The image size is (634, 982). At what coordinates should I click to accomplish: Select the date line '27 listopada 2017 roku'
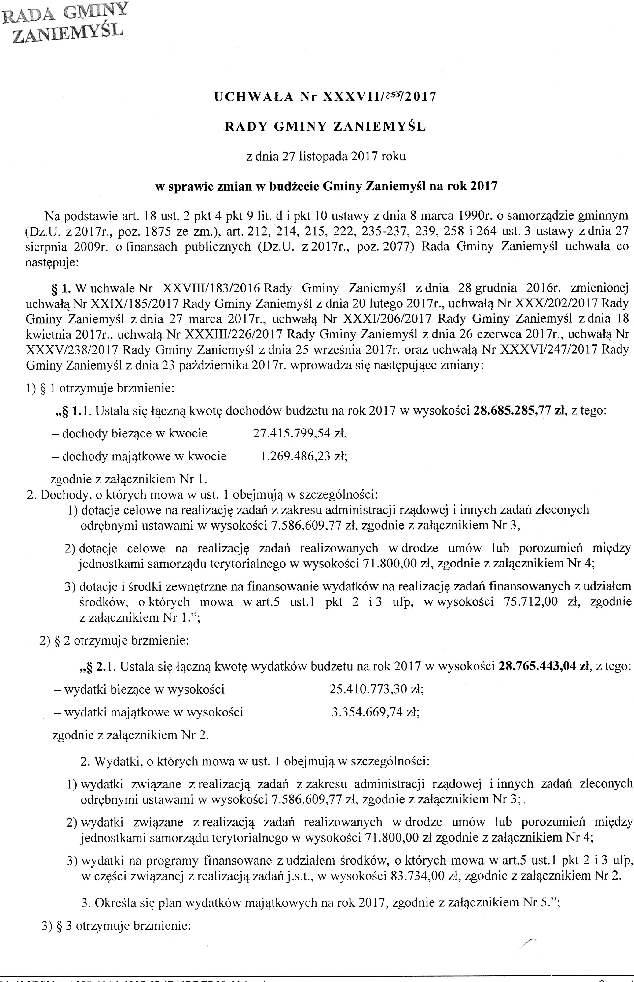(325, 157)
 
